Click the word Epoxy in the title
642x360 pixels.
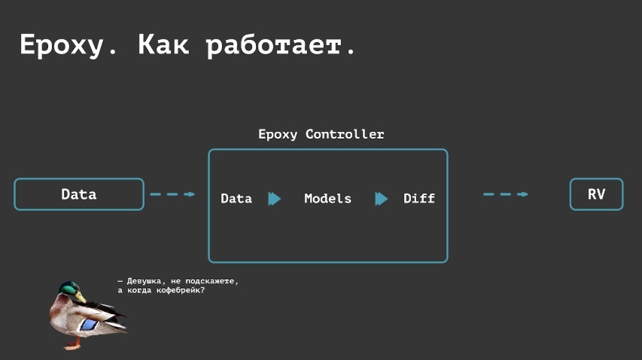[x=59, y=45]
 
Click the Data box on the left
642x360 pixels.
[x=79, y=194]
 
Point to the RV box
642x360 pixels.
[x=596, y=194]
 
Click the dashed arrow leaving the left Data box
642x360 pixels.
[x=172, y=194]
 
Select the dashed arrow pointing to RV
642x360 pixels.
[x=505, y=194]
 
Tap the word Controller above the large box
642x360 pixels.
[x=345, y=135]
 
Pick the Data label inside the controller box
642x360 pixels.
[x=236, y=199]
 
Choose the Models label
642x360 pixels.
[x=327, y=199]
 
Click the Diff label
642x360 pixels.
[x=419, y=199]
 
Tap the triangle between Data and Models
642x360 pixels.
[x=274, y=199]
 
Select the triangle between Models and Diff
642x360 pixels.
[x=381, y=199]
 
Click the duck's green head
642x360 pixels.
[x=69, y=288]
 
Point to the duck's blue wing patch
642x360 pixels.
[x=89, y=325]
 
